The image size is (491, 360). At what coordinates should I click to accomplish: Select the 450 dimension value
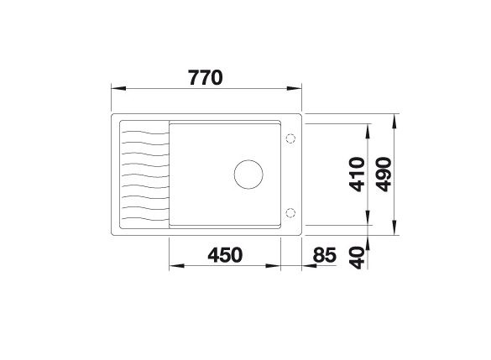coord(225,254)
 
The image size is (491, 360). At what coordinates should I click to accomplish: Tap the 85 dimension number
coord(325,254)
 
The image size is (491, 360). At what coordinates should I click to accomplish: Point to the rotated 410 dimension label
coord(358,175)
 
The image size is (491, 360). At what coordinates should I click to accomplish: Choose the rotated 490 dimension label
coord(385,175)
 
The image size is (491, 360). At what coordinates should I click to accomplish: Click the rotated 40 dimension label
coord(358,255)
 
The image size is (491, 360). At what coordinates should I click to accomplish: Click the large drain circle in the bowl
coord(248,175)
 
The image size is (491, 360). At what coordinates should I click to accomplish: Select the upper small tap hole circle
coord(290,138)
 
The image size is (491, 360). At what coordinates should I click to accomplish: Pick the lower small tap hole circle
coord(290,211)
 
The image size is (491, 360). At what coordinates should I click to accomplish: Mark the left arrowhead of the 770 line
coord(117,87)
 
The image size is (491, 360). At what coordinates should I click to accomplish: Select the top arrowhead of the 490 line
coord(394,120)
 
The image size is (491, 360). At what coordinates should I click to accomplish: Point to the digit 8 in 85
coord(320,254)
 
